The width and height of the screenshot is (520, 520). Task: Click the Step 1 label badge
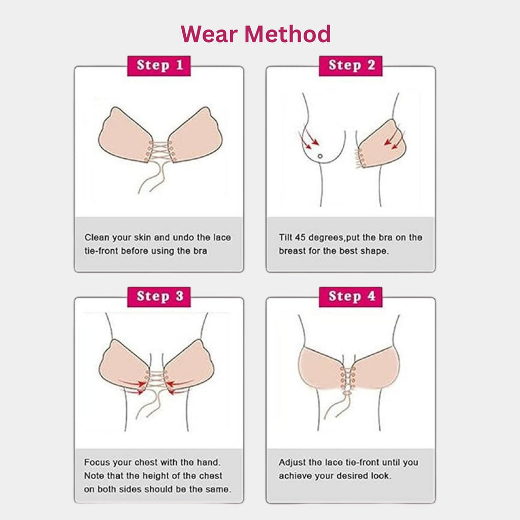158,66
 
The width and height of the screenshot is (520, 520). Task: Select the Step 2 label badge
350,66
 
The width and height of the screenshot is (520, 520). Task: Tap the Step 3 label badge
158,297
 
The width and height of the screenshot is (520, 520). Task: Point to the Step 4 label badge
350,297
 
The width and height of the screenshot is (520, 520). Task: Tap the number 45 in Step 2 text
302,237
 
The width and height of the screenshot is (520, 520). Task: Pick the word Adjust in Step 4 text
293,463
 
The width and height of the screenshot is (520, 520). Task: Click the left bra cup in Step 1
125,136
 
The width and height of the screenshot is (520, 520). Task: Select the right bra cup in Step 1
196,136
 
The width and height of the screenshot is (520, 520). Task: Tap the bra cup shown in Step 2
382,145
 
